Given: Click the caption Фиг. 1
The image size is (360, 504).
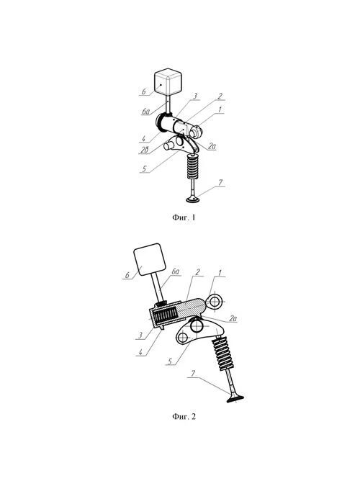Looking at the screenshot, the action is click(x=184, y=217).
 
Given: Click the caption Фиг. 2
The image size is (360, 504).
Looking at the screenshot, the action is click(x=184, y=417).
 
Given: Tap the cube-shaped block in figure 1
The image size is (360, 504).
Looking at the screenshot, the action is click(x=168, y=81).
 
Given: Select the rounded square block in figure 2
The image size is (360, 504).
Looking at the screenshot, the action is click(x=150, y=259).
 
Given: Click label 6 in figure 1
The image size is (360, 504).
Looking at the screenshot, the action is click(x=144, y=91).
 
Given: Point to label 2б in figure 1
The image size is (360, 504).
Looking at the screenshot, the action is click(x=144, y=150).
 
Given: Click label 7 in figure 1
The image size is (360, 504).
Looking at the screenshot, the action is click(x=220, y=183).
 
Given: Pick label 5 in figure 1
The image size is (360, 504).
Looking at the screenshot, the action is click(x=144, y=168).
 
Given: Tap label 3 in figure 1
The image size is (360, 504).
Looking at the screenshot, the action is click(x=195, y=96).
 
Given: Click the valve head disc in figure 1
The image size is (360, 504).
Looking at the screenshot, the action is click(x=193, y=200).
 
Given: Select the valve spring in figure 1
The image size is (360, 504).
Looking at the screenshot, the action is click(x=193, y=166).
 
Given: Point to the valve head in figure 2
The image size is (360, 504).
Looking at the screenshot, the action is click(x=235, y=399).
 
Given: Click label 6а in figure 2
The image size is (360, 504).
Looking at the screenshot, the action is click(x=175, y=271).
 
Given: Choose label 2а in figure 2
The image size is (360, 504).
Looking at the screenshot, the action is click(x=233, y=318).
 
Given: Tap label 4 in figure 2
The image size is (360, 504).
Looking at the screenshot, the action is click(x=140, y=352).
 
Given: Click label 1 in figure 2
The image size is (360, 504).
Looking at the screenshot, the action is click(x=220, y=273).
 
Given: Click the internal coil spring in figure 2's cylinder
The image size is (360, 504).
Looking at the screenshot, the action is click(x=165, y=315).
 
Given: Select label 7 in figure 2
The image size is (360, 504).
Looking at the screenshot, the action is click(x=193, y=374).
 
